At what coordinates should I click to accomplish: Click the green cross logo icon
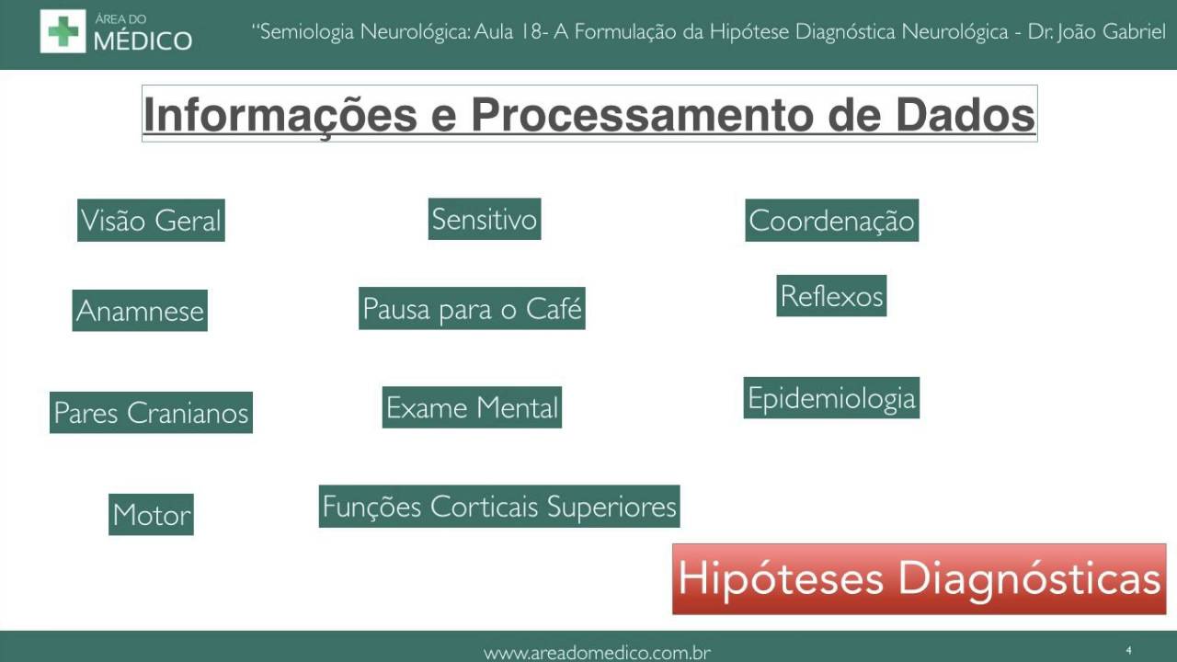tap(63, 31)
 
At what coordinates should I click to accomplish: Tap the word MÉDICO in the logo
tap(143, 40)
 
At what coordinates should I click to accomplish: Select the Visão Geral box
tap(151, 221)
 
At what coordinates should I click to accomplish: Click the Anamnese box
tap(140, 311)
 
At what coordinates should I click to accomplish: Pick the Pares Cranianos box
tap(151, 413)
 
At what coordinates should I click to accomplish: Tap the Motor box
tap(151, 515)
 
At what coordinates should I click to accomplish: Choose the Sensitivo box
tap(484, 219)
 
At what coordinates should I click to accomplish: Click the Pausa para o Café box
tap(472, 309)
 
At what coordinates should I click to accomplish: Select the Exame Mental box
tap(472, 407)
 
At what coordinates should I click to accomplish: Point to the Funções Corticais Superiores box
tap(499, 507)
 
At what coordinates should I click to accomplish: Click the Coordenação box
tap(831, 221)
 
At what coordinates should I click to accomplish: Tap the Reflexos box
tap(831, 296)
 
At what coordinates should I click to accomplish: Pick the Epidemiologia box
tap(831, 398)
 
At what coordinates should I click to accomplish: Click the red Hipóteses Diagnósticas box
tap(919, 579)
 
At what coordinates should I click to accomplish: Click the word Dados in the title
tap(965, 116)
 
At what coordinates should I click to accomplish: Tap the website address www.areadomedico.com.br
tap(598, 653)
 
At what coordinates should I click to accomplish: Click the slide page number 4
tap(1128, 651)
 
